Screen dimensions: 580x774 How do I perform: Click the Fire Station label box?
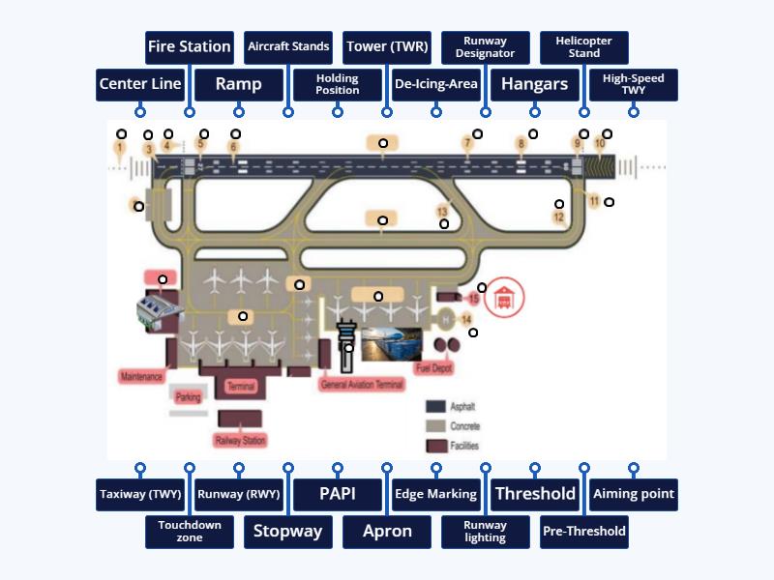(x=190, y=46)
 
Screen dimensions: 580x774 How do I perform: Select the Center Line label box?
(x=140, y=84)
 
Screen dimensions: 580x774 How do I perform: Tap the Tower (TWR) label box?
(x=387, y=46)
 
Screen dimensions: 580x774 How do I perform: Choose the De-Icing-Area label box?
(x=436, y=84)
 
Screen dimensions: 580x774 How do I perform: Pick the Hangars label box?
(x=535, y=84)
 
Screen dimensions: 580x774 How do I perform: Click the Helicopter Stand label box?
(x=584, y=46)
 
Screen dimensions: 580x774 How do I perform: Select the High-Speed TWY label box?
(x=634, y=84)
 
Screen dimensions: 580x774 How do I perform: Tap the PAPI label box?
(x=338, y=494)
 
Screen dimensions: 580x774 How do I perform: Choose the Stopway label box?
(x=288, y=531)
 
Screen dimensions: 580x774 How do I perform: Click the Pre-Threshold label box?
(x=584, y=531)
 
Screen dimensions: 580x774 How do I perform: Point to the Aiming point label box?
(x=634, y=494)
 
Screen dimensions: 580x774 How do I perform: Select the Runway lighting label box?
(x=486, y=531)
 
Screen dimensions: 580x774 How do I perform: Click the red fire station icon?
(x=503, y=298)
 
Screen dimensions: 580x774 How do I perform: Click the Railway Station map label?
(x=241, y=441)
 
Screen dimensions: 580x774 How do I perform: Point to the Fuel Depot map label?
(x=434, y=368)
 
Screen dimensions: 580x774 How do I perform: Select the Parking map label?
(x=189, y=396)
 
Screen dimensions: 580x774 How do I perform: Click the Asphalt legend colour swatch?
(x=435, y=407)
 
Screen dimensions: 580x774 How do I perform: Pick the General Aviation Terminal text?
(x=361, y=384)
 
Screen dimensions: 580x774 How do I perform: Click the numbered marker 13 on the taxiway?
(x=442, y=211)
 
